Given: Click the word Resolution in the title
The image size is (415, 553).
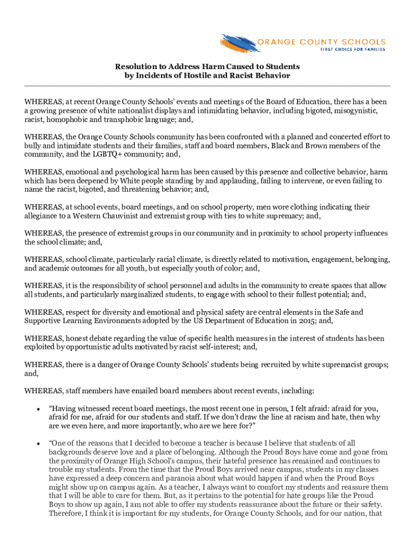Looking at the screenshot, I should pos(135,66).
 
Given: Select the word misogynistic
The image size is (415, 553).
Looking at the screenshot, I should pos(357,111).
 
